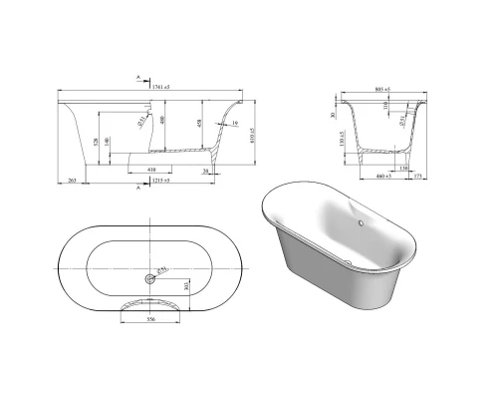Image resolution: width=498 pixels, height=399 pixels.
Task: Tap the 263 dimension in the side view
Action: (x=73, y=181)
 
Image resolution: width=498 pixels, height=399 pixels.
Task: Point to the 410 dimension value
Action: (x=150, y=170)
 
